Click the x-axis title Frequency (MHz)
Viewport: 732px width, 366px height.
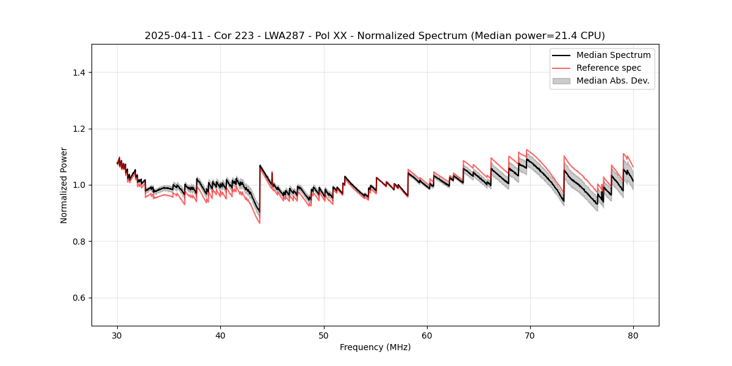pyautogui.click(x=375, y=347)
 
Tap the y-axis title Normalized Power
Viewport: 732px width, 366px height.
pyautogui.click(x=64, y=185)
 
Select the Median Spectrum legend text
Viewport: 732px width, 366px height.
pyautogui.click(x=613, y=55)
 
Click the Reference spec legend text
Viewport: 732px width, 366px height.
pyautogui.click(x=609, y=68)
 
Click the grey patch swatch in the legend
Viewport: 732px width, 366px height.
pyautogui.click(x=561, y=81)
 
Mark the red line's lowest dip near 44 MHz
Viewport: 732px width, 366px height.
pyautogui.click(x=259, y=223)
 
